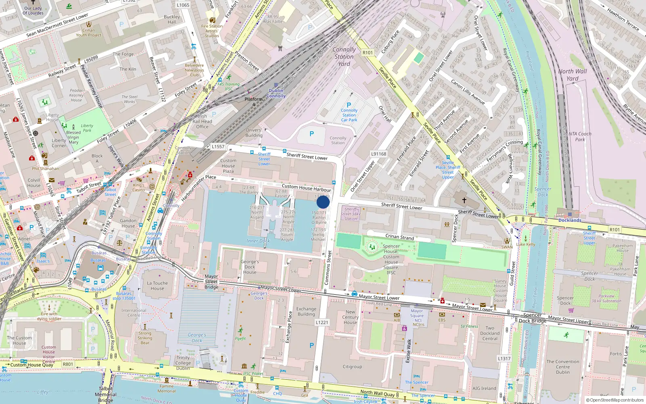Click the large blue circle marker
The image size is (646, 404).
click(x=323, y=202)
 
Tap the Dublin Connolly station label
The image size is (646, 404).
click(x=276, y=93)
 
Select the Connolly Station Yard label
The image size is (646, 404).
click(x=344, y=57)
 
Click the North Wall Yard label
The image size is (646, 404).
click(x=573, y=75)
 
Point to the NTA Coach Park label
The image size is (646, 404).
click(x=580, y=137)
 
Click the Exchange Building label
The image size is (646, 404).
click(x=306, y=311)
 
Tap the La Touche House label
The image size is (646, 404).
click(x=157, y=286)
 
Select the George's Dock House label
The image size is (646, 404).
click(x=250, y=267)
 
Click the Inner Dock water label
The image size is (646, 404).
click(x=258, y=241)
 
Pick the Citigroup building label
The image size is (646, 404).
click(x=352, y=367)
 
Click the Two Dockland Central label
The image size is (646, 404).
click(x=490, y=333)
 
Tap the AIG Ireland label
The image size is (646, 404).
click(x=484, y=388)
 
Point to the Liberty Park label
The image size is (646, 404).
click(x=87, y=128)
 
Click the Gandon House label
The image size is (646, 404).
click(x=128, y=223)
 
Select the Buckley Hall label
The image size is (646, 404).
click(x=172, y=19)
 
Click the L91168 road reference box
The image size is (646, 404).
click(x=379, y=154)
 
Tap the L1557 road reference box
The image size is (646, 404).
click(x=218, y=147)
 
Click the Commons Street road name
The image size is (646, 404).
click(x=328, y=267)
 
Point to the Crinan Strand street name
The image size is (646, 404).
click(x=400, y=237)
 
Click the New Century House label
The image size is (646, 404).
click(x=350, y=317)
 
